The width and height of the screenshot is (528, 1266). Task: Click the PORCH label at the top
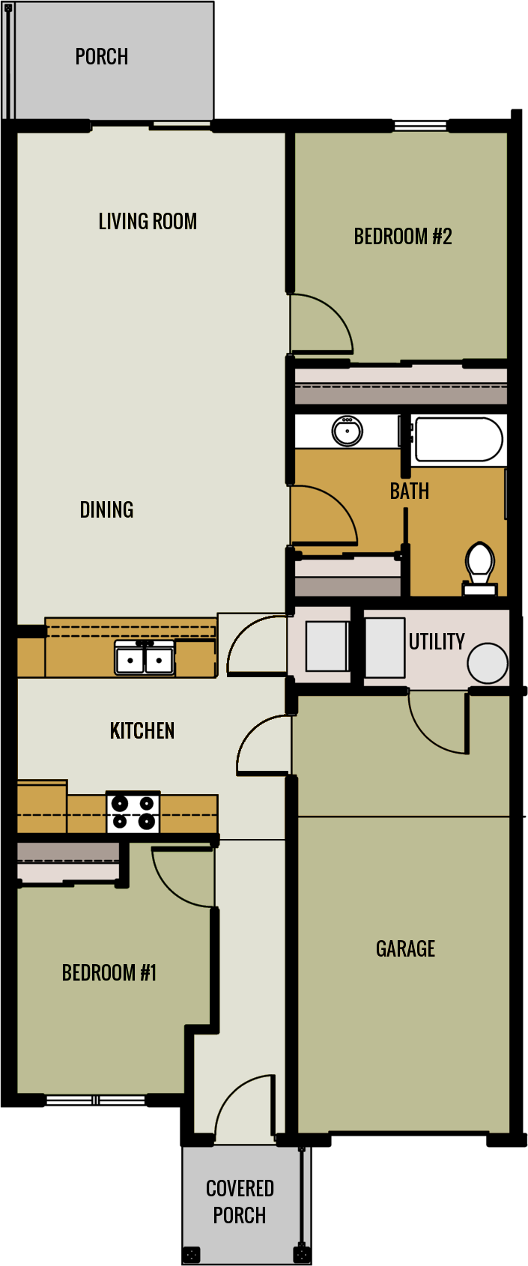(102, 57)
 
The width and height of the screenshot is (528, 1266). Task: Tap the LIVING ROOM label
(148, 222)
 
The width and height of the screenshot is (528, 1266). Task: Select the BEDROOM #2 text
(403, 237)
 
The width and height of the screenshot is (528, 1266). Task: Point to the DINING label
(106, 510)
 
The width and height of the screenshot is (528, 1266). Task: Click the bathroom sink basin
(347, 431)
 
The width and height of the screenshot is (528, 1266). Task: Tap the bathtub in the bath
(458, 440)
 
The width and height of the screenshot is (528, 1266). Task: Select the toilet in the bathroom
(479, 567)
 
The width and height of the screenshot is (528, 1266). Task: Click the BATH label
(410, 491)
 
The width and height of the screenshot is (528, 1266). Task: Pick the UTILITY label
(437, 642)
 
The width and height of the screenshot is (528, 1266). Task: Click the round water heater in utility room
(488, 663)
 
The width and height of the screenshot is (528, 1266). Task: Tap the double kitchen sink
(145, 659)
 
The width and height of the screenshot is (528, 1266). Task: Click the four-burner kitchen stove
(133, 812)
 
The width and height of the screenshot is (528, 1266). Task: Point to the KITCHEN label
(142, 731)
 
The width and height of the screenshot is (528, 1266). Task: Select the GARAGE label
(405, 949)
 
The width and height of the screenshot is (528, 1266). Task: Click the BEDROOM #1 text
(109, 973)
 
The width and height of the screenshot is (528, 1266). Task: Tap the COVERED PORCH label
(240, 1202)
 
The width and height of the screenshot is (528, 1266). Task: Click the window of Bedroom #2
(420, 127)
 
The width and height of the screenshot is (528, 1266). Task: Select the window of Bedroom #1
(96, 1100)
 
